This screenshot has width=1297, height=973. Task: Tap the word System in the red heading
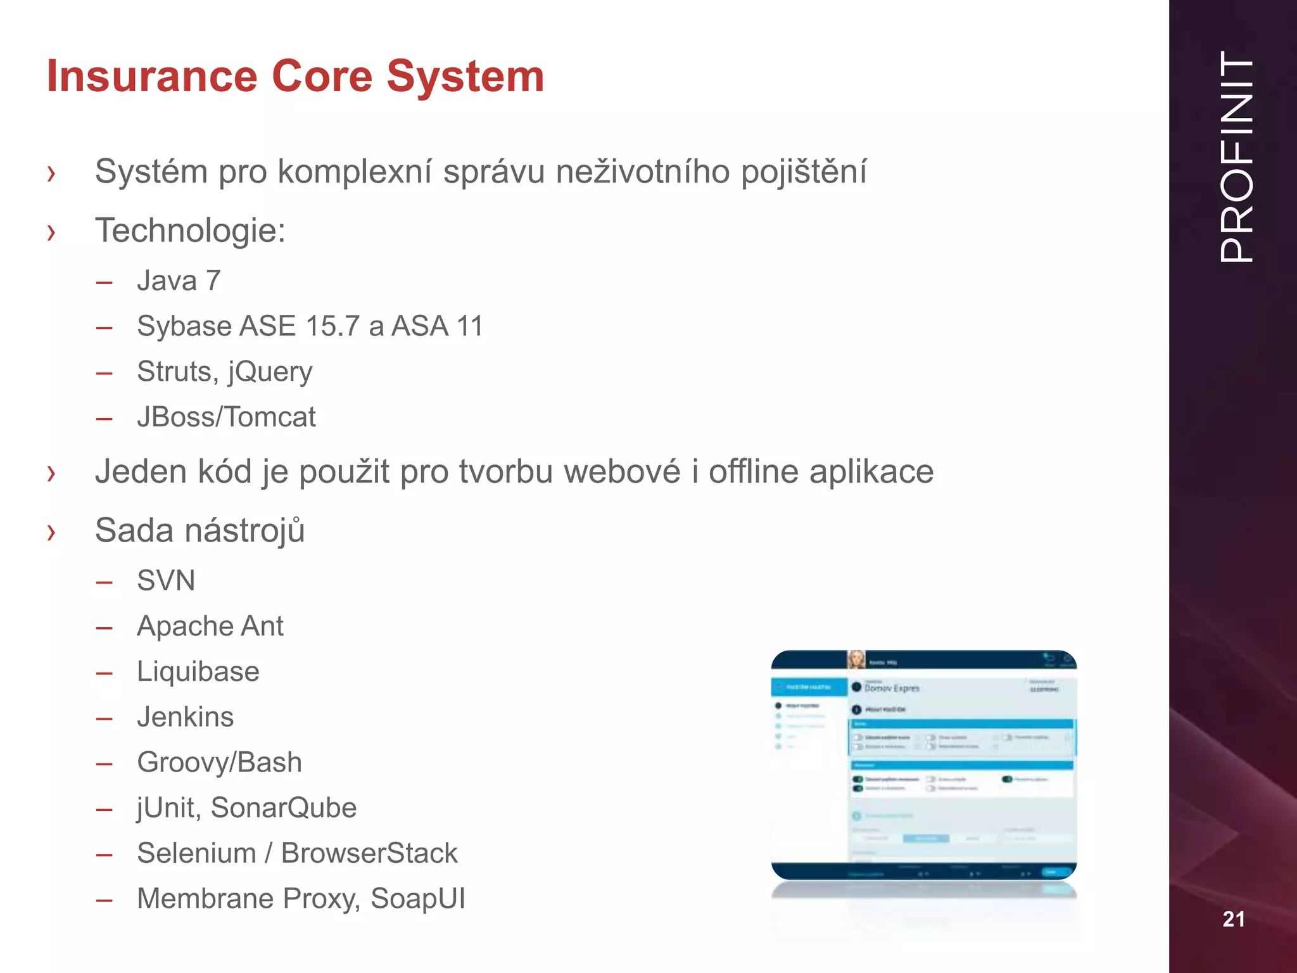465,76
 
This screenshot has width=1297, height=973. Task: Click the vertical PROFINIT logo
1236,156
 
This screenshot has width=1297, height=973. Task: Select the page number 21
1233,919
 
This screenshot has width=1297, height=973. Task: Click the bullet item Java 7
179,281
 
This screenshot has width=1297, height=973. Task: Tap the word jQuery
270,372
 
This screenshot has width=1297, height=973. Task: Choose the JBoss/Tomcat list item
226,417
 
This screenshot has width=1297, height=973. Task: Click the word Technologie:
190,230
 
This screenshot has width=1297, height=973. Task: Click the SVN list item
166,580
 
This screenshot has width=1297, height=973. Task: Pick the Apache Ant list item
210,626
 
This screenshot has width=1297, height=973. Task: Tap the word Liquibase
198,671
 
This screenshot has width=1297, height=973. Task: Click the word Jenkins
185,717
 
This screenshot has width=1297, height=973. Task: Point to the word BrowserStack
369,853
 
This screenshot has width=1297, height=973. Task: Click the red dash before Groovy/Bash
104,763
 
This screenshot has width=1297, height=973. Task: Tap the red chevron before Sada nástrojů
51,532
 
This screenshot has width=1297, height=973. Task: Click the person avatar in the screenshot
856,659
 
